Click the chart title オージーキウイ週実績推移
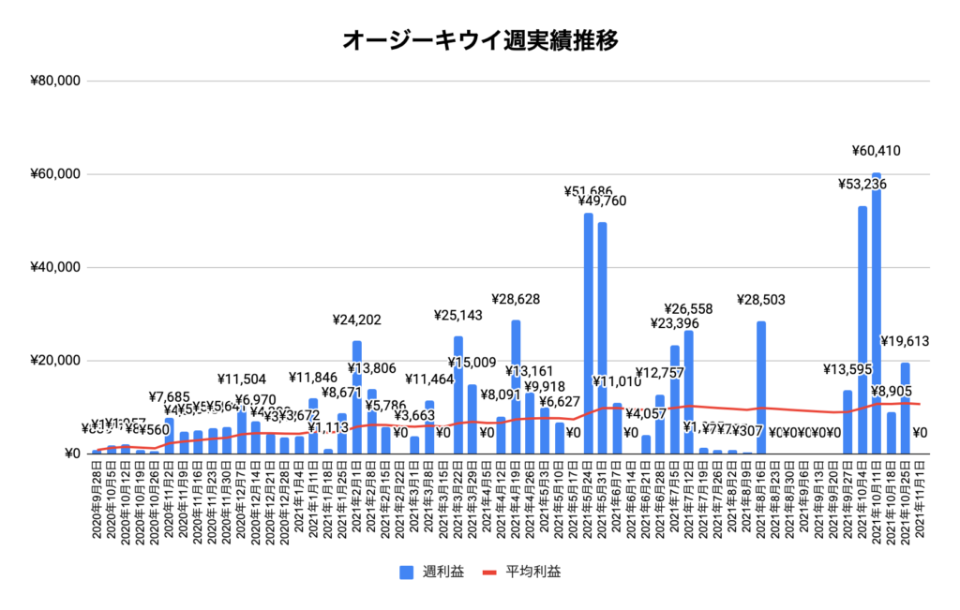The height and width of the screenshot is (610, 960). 480,41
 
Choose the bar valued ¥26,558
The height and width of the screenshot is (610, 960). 689,393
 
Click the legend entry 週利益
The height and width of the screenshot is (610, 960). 437,571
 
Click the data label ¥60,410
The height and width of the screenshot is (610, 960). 877,150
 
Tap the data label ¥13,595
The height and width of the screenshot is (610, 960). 848,368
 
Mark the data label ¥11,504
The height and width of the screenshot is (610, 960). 242,379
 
